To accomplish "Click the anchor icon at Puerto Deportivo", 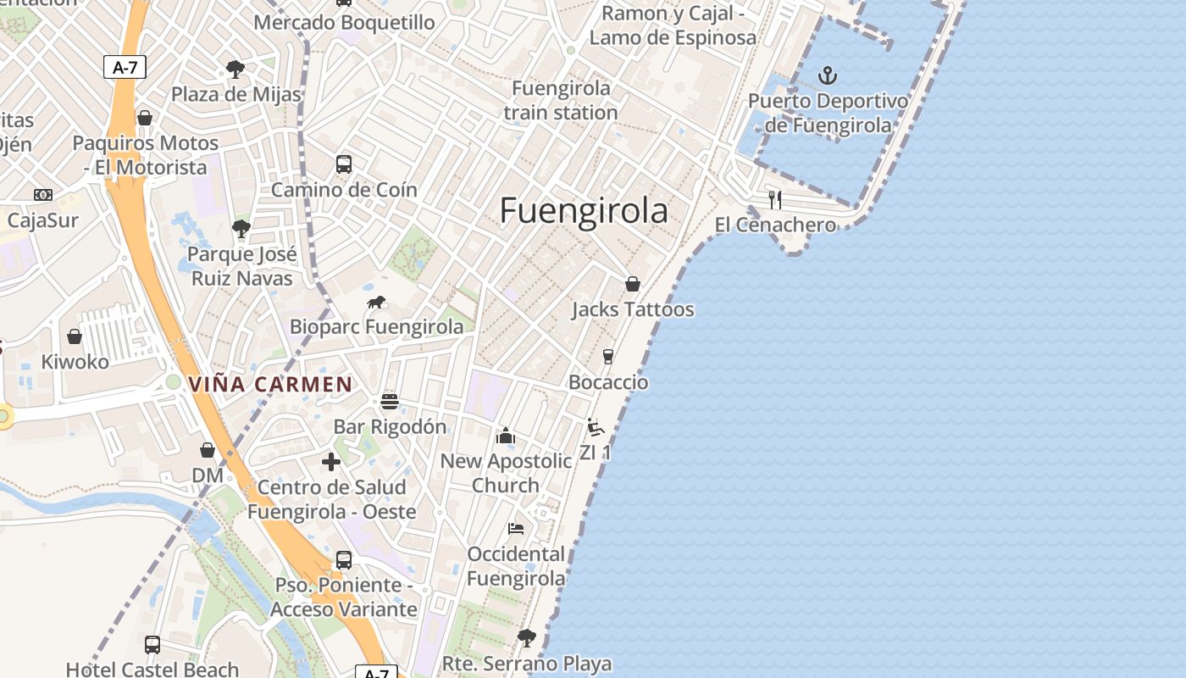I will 827,76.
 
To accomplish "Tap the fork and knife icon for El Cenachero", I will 774,199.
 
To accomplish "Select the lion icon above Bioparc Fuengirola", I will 376,303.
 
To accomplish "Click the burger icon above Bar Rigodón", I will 390,401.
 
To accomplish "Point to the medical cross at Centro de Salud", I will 331,462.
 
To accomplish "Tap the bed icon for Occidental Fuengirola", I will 516,529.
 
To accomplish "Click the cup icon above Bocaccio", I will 607,357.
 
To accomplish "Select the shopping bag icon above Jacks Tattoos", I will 632,284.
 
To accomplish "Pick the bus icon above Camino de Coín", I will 343,164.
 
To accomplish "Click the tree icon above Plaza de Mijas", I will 235,69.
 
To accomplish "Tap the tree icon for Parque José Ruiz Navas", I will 241,228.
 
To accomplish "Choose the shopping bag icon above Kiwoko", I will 75,336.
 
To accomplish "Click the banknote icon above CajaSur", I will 42,195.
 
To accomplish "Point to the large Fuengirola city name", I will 584,210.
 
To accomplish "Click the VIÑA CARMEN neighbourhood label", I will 270,384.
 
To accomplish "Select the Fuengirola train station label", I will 561,100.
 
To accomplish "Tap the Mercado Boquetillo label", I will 344,22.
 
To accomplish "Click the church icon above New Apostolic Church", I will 506,436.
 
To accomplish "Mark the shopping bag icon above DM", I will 208,450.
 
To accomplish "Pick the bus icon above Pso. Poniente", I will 343,559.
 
